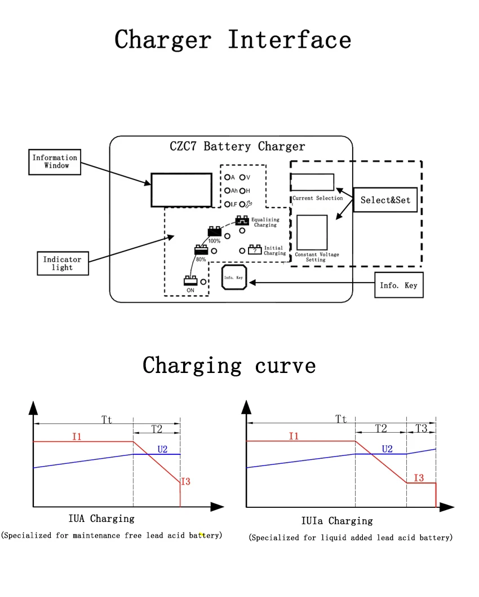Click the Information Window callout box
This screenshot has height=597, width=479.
tap(55, 162)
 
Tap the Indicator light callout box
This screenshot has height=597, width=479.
tap(62, 264)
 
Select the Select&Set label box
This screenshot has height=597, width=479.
tap(385, 200)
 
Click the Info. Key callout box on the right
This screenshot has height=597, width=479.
tap(398, 286)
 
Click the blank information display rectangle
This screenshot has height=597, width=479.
tap(181, 190)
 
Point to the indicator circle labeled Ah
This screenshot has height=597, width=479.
tap(227, 191)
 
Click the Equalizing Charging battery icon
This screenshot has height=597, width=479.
tap(242, 221)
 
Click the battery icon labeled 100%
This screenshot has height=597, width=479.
tap(214, 232)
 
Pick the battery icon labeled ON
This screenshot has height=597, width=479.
tap(190, 280)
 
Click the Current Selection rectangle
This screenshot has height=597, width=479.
tap(312, 182)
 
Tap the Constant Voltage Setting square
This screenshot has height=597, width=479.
tap(312, 232)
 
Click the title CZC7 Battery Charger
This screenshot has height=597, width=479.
tap(237, 147)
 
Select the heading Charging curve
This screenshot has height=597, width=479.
tap(229, 365)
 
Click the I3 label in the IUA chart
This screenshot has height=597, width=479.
tap(185, 481)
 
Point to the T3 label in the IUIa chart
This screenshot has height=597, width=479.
tap(421, 428)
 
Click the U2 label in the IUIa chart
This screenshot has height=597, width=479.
tap(387, 449)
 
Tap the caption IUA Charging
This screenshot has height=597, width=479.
tap(101, 518)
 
